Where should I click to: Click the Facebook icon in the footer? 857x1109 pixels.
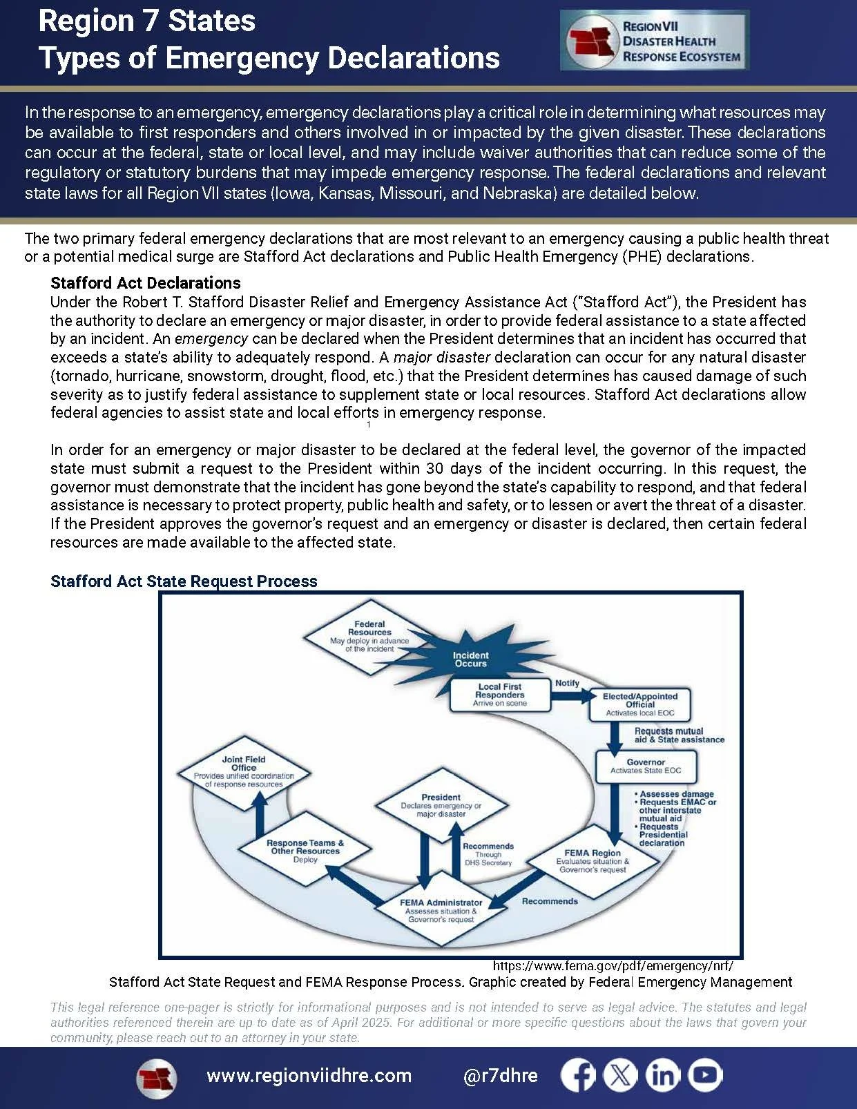[578, 1076]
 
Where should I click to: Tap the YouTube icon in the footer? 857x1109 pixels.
[705, 1076]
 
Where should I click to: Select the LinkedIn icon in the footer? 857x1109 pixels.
[663, 1076]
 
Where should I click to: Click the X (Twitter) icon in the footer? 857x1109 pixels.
[620, 1076]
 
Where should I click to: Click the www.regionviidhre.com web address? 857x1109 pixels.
[309, 1076]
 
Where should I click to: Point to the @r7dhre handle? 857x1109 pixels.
[501, 1076]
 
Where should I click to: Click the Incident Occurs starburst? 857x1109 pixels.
[470, 659]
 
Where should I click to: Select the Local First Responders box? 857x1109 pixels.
[500, 695]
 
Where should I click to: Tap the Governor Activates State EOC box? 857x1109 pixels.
[646, 766]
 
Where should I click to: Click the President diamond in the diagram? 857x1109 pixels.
[441, 805]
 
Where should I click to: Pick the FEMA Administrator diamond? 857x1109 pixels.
[441, 910]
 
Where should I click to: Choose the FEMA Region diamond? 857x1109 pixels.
[593, 860]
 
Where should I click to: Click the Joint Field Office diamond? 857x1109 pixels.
[244, 771]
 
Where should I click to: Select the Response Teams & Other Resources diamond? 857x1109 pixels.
[305, 851]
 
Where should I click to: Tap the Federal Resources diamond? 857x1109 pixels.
[369, 636]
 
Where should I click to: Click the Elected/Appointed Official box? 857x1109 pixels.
[640, 704]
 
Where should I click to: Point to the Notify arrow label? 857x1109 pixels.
[567, 683]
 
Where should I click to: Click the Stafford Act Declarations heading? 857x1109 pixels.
[146, 283]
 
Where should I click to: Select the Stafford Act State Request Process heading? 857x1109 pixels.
[184, 581]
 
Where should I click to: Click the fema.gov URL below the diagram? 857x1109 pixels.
[613, 966]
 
